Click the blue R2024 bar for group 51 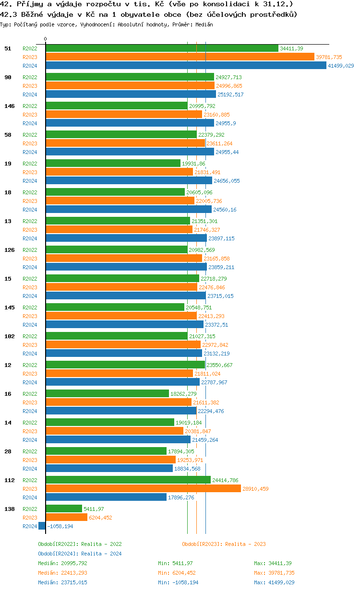pos(186,66)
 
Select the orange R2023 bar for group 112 pos(143,488)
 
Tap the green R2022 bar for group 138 pos(64,508)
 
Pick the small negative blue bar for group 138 pos(42,526)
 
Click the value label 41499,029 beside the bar pos(341,66)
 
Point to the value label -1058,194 pos(60,526)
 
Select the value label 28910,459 pos(255,489)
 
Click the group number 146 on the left pos(9,106)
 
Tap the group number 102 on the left pos(9,336)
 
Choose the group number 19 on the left pos(8,164)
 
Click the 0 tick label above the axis pos(46,39)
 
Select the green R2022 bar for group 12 pos(125,365)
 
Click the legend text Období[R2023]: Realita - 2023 pos(224,544)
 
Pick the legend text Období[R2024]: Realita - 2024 pos(80,554)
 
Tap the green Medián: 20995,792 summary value pos(62,563)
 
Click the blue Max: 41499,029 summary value pos(274,582)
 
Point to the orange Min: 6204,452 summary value pos(177,573)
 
